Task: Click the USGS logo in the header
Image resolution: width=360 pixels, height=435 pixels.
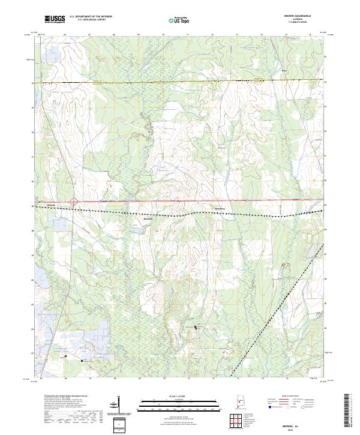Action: [55, 19]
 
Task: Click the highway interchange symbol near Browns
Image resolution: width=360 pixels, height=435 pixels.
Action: [74, 202]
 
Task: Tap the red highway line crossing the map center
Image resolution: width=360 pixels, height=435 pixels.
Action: [180, 202]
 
